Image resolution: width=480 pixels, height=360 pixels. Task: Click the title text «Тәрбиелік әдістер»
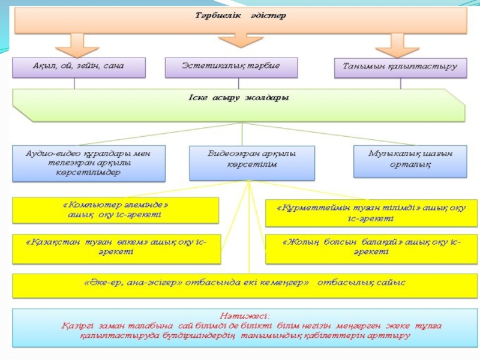(x=240, y=16)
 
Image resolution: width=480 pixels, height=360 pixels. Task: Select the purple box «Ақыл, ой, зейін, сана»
(x=79, y=67)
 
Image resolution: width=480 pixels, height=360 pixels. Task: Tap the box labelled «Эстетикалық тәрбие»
(x=231, y=67)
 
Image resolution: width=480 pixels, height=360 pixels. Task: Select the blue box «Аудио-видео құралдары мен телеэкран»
(x=88, y=163)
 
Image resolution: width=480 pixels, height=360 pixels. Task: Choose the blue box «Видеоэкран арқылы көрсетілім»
(x=251, y=163)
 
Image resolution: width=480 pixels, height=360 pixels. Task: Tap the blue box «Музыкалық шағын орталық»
(x=410, y=160)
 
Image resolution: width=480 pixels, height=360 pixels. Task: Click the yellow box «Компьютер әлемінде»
(x=115, y=209)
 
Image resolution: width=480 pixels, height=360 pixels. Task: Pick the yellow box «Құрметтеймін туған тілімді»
(x=371, y=212)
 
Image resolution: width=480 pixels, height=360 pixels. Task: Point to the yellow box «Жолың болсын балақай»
(x=371, y=247)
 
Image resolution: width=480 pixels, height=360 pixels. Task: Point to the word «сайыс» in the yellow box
(x=391, y=282)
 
